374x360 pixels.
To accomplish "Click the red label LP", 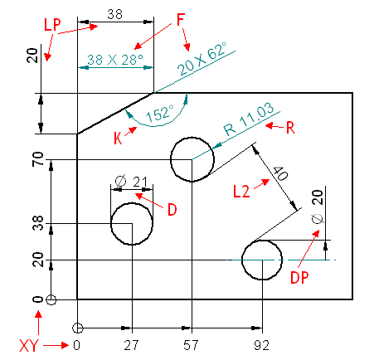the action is [x=52, y=25].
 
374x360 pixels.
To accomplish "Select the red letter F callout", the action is [x=181, y=20].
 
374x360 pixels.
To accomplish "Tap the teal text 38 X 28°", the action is [x=115, y=60].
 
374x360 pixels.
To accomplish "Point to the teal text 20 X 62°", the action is [x=202, y=59].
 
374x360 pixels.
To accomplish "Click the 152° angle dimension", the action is [x=160, y=113].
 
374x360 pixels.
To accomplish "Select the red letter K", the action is [x=118, y=138].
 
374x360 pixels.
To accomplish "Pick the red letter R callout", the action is [x=290, y=128].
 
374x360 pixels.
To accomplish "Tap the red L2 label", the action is [x=241, y=192].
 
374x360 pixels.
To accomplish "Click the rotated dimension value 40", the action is [x=281, y=173].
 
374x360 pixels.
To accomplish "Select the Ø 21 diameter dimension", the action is [x=131, y=182].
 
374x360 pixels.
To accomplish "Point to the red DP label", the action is [x=299, y=277].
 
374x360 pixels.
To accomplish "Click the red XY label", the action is [x=29, y=345].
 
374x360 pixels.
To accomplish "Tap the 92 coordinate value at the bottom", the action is [x=261, y=345].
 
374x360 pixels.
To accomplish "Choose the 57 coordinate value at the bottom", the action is [x=191, y=345].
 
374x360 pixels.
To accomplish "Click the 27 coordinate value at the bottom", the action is [x=131, y=345].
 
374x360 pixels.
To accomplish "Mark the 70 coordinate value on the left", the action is [x=38, y=159].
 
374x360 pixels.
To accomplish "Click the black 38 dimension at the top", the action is [x=115, y=14].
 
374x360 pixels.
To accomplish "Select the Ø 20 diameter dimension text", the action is [x=318, y=207].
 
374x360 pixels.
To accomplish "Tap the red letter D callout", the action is [x=172, y=210].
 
